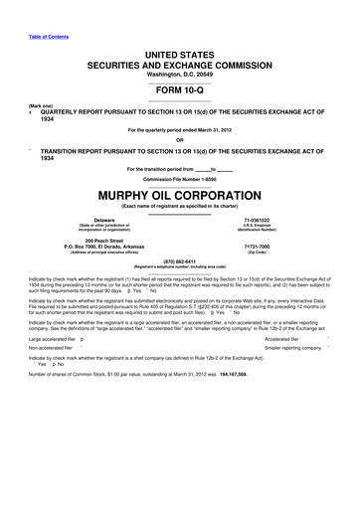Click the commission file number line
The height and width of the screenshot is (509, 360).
point(180,178)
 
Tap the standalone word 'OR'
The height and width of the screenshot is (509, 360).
point(180,138)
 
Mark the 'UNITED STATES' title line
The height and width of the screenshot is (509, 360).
point(180,34)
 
